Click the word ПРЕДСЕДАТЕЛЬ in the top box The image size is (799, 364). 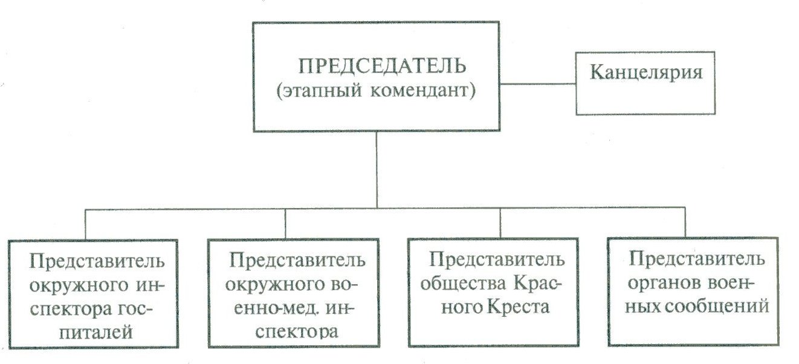375,65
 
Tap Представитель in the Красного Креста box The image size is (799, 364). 497,260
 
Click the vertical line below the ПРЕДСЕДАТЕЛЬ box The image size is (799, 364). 377,169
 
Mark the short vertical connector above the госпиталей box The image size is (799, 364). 86,224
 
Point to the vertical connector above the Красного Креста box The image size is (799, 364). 500,224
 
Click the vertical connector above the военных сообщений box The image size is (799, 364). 685,224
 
